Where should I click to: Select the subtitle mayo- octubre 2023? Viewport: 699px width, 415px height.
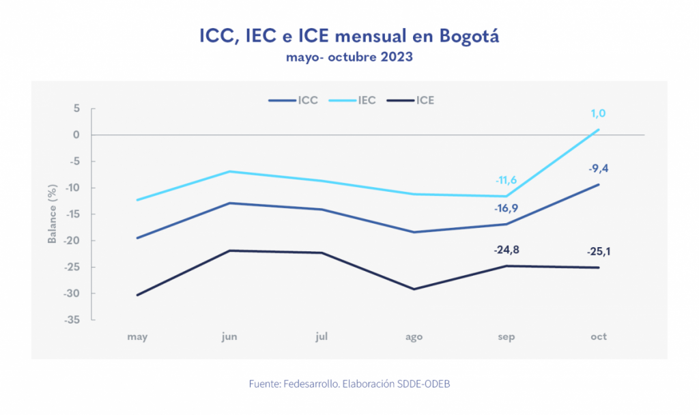(349, 57)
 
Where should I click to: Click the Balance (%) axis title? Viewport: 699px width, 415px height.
(52, 214)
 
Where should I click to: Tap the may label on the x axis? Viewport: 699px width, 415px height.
(137, 337)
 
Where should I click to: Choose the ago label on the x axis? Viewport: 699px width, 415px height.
(414, 337)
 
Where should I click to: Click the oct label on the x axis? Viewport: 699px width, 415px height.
(599, 337)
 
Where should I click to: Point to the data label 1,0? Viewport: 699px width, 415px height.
(599, 114)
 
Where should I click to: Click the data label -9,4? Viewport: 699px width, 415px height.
(599, 169)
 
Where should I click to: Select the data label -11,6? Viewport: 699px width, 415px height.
(506, 180)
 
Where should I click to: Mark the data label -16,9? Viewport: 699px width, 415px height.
(506, 207)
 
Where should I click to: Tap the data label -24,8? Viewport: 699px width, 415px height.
(506, 251)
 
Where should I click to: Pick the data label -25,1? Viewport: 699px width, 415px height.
(599, 252)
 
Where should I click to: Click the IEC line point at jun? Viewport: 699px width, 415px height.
(229, 171)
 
